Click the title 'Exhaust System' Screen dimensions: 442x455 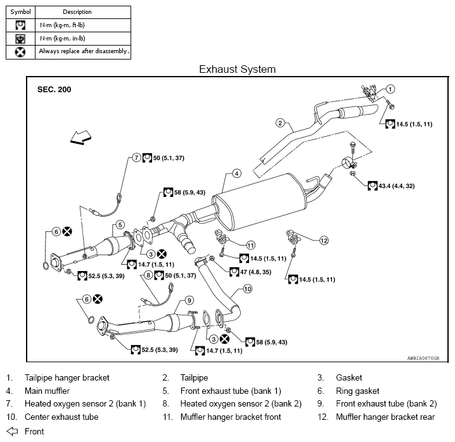coord(237,68)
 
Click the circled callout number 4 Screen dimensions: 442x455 coord(235,173)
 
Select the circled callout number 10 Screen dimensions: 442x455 coord(248,289)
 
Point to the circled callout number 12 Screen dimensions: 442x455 coord(324,240)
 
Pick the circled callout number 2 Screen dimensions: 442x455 coord(279,123)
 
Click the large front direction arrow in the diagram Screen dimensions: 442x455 coord(80,136)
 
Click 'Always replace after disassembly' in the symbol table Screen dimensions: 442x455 coord(84,51)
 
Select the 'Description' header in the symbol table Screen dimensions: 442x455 coord(77,11)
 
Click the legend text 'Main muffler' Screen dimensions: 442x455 coord(47,391)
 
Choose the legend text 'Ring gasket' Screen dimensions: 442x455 coord(357,391)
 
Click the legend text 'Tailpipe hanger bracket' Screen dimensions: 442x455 coord(67,377)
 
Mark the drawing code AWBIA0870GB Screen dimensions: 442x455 coord(424,357)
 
